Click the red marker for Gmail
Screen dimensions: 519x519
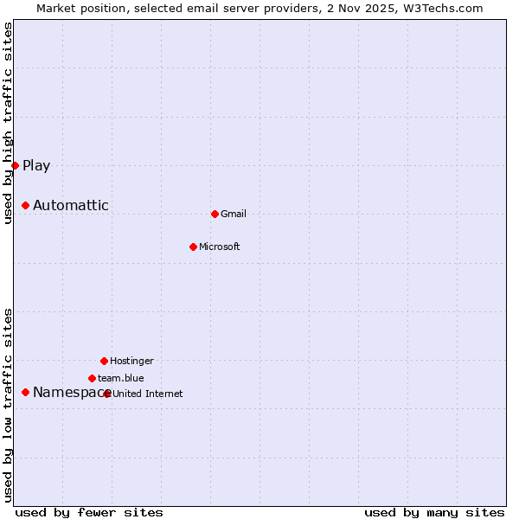[215, 214]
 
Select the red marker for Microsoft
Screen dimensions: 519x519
[193, 247]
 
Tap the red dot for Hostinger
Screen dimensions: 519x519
[104, 361]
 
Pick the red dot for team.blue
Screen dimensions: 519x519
[92, 378]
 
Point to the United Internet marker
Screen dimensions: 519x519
[107, 394]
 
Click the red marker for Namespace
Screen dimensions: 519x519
[25, 392]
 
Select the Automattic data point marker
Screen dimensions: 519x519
[25, 205]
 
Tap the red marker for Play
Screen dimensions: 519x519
[15, 165]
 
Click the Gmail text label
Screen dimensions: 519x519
[234, 214]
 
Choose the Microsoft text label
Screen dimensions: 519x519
[219, 247]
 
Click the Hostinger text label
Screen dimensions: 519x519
[131, 361]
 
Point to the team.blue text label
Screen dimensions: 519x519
[120, 378]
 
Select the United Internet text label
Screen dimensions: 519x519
[148, 394]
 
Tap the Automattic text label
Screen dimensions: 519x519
[71, 205]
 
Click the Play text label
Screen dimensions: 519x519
[36, 165]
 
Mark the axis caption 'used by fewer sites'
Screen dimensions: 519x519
[89, 512]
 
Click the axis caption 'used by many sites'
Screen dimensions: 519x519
[434, 512]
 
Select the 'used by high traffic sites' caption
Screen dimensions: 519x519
[8, 123]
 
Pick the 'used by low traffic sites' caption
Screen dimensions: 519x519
[8, 404]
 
